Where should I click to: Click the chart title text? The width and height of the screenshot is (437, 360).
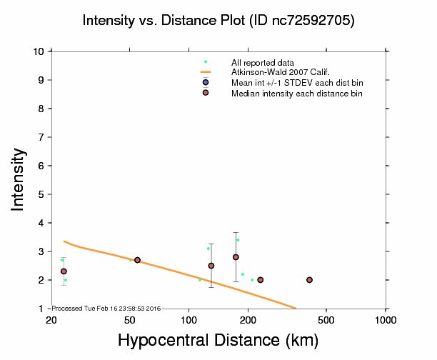(x=218, y=21)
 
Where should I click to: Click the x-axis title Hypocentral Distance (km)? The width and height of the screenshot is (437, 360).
(x=218, y=341)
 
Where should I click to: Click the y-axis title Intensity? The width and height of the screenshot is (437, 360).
(x=19, y=179)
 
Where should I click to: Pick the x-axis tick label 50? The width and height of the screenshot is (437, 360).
(x=130, y=319)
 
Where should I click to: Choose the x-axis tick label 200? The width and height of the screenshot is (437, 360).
(x=248, y=319)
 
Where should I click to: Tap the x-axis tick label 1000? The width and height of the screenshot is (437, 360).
(x=386, y=319)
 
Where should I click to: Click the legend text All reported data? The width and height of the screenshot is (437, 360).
(x=261, y=62)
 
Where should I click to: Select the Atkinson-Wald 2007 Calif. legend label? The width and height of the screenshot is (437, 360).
(x=275, y=72)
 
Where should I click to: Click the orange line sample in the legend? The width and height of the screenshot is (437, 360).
(x=206, y=72)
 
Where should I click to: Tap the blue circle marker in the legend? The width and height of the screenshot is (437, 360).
(x=206, y=82)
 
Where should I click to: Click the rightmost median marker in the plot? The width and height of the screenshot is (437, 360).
(x=309, y=280)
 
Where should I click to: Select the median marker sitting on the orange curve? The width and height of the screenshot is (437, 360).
(x=137, y=260)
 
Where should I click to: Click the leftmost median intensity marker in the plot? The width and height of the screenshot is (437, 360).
(x=64, y=271)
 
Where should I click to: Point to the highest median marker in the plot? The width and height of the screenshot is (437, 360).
(x=236, y=257)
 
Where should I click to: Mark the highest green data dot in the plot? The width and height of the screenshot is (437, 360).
(x=238, y=240)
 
